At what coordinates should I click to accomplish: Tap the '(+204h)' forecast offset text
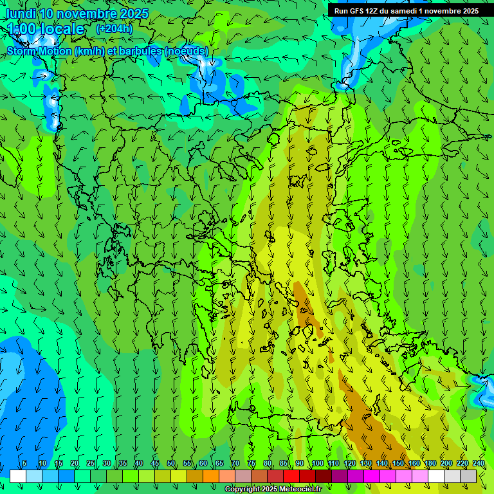click(114, 28)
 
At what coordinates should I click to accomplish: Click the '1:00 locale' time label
click(46, 29)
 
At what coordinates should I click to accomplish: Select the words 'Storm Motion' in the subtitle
click(39, 51)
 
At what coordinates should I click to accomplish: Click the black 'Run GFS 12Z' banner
click(406, 11)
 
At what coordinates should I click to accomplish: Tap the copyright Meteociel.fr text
click(273, 489)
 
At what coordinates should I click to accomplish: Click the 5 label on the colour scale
click(24, 463)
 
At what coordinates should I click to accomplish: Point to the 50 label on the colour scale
click(171, 463)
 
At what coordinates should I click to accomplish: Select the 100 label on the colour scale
click(317, 463)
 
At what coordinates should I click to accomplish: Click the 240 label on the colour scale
click(478, 463)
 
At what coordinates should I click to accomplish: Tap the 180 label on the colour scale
click(430, 463)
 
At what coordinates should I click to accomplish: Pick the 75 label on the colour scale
click(252, 463)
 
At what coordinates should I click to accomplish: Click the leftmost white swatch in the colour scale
click(18, 476)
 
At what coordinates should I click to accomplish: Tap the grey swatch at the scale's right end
click(468, 476)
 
